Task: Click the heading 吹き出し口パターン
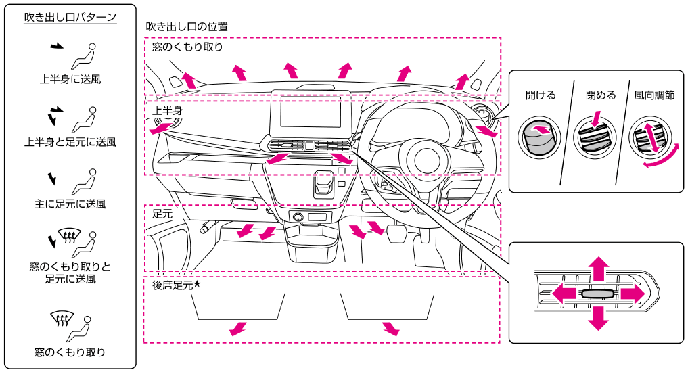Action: pyautogui.click(x=70, y=17)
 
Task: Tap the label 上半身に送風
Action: pyautogui.click(x=70, y=79)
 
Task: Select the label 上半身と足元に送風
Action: pyautogui.click(x=70, y=141)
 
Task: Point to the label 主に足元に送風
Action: pyautogui.click(x=70, y=204)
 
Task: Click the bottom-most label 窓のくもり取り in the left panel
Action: pyautogui.click(x=70, y=352)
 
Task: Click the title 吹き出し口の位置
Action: pyautogui.click(x=187, y=27)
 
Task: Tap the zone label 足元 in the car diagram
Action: pyautogui.click(x=162, y=214)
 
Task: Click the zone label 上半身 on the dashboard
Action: pyautogui.click(x=167, y=110)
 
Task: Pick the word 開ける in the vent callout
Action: pyautogui.click(x=541, y=95)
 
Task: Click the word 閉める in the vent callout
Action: pyautogui.click(x=601, y=95)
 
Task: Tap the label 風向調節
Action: pyautogui.click(x=654, y=95)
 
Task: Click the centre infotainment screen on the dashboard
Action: pyautogui.click(x=311, y=112)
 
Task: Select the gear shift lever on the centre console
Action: pyautogui.click(x=324, y=184)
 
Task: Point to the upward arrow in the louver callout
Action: pyautogui.click(x=599, y=269)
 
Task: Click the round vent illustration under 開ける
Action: pyautogui.click(x=539, y=135)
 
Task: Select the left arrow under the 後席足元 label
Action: pyautogui.click(x=238, y=329)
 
